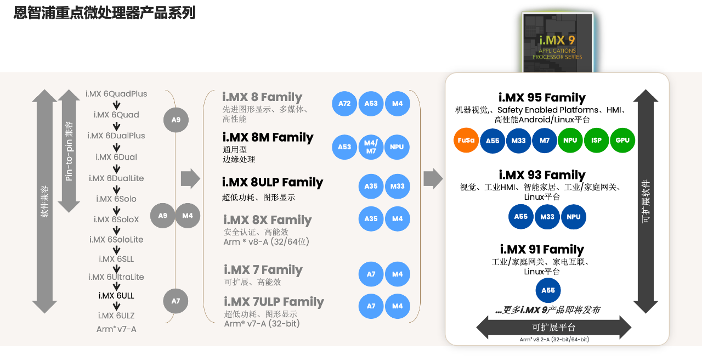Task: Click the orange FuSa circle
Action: [466, 140]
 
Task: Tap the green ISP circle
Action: [596, 140]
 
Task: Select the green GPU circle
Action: [622, 140]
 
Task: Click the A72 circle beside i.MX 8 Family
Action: [344, 104]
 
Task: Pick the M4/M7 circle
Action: [371, 147]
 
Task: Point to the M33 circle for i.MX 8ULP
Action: [397, 187]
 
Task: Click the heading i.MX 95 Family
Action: [542, 98]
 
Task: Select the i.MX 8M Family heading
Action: [268, 137]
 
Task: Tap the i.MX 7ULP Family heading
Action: [274, 302]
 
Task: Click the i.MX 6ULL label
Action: [116, 296]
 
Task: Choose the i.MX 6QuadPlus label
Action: [116, 94]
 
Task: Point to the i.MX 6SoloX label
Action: [116, 220]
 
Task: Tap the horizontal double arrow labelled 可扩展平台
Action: [553, 328]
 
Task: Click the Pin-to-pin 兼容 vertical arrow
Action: [69, 151]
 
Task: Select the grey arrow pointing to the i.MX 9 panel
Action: [433, 178]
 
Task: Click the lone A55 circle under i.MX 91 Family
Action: [548, 291]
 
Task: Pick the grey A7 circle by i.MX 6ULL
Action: [175, 301]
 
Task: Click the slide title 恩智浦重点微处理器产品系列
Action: [104, 13]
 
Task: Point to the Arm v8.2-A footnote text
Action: [554, 340]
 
